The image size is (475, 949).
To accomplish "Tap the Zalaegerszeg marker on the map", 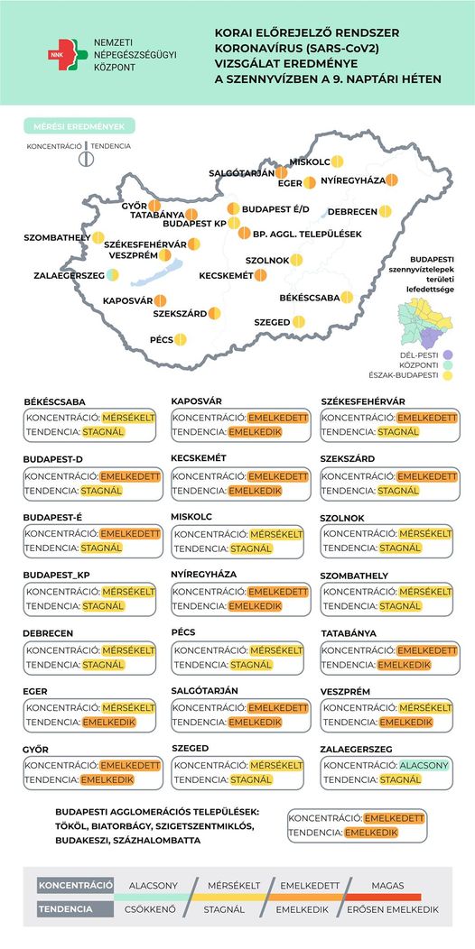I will coord(112,274).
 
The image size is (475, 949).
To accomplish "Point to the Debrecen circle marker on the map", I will coord(386,212).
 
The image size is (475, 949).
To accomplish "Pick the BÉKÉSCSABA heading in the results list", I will coord(54,401).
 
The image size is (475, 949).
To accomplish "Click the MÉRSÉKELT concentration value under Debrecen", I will coord(127,650).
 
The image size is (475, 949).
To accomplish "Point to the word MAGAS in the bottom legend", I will coord(387,885).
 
